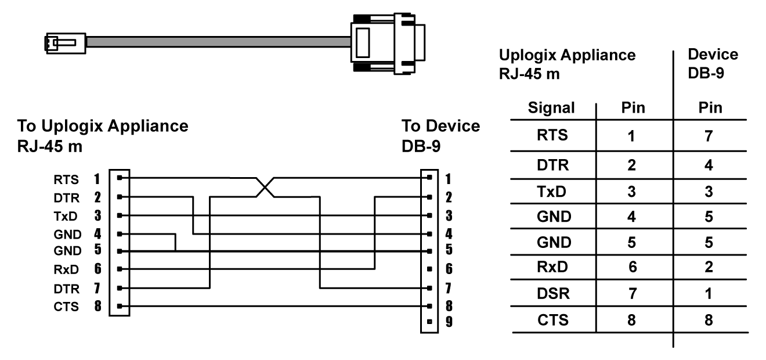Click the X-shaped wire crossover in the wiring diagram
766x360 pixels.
click(265, 187)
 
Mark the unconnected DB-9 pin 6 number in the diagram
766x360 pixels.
click(448, 269)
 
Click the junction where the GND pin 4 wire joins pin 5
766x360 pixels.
click(175, 251)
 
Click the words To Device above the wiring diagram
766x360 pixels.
click(440, 127)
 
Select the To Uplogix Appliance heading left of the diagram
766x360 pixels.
click(103, 127)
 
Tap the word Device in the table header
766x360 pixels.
click(712, 55)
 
